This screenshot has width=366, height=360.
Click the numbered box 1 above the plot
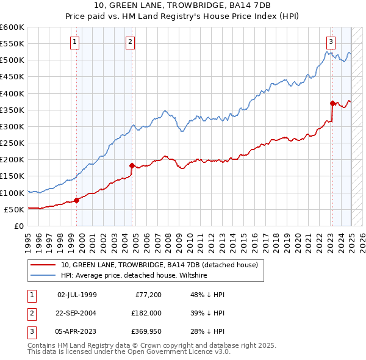point(74,42)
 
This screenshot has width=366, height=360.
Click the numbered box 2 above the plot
point(131,42)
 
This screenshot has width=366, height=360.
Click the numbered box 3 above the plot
point(330,42)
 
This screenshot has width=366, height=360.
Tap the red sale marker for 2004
point(132,165)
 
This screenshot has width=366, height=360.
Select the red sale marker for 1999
point(77,200)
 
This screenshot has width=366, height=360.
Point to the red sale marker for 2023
point(332,103)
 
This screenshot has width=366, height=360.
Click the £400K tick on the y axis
point(13,93)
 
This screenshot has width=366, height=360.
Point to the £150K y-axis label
point(13,176)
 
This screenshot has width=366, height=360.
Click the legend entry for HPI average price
point(134,276)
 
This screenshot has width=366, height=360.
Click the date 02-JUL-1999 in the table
point(77,295)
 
